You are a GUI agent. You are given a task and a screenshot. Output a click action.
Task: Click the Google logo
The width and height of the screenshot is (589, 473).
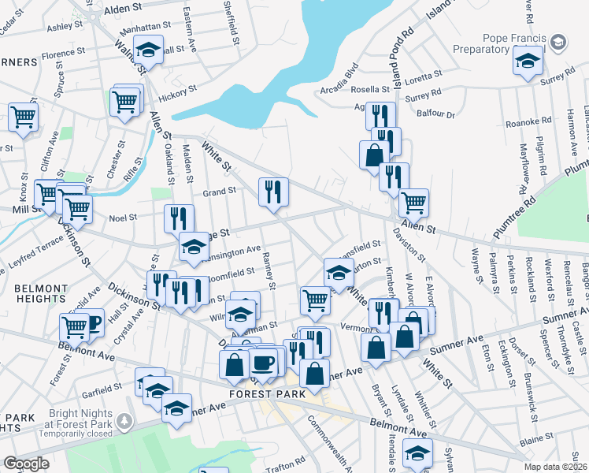(26, 464)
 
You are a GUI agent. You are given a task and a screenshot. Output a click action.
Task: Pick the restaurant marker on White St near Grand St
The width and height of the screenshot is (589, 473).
(273, 192)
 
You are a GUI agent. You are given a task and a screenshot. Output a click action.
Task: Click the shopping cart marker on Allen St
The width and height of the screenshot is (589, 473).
(413, 203)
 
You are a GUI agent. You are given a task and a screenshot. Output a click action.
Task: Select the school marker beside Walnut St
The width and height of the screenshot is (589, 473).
(147, 49)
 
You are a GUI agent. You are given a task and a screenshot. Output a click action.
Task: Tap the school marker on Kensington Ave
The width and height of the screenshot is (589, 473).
(194, 246)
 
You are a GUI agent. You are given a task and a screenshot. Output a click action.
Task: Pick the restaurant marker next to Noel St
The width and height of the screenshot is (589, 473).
(179, 218)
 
